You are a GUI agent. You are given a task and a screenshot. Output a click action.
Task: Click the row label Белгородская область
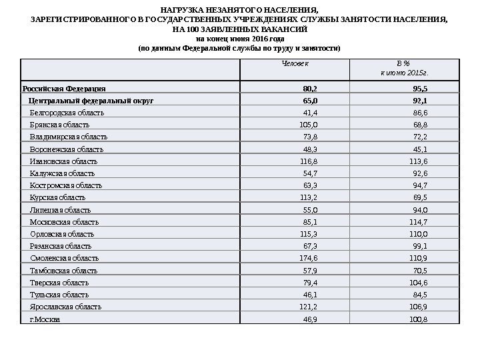point(67,113)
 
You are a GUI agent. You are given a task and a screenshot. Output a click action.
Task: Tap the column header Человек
point(295,64)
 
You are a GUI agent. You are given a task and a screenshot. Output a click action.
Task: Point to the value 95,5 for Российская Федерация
point(420,88)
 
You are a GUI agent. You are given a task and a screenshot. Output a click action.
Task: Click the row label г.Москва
point(45,319)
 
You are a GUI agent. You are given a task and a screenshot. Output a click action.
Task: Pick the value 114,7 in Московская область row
point(419,222)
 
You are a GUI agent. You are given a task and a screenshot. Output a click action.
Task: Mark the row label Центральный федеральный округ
point(91,101)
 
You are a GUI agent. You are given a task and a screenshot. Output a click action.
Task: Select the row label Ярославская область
point(65,307)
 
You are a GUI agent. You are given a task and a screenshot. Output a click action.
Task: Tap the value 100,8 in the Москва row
point(419,319)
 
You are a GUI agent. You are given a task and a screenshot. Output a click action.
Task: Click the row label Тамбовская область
point(63,271)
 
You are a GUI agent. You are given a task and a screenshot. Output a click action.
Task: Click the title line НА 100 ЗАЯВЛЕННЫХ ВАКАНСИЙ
point(240,30)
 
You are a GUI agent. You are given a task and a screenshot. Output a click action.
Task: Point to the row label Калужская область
point(62,173)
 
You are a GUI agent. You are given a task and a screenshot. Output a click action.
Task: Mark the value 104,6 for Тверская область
point(419,283)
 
